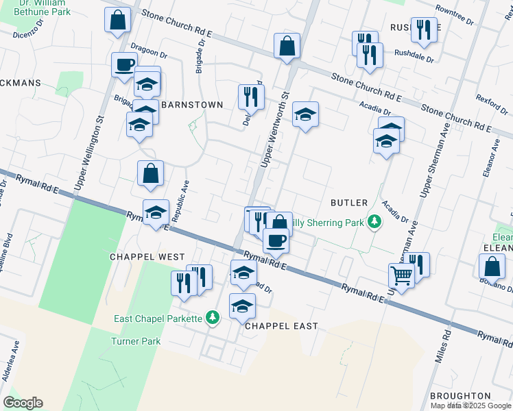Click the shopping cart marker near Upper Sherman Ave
click(x=401, y=276)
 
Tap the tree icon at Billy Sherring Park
click(x=374, y=222)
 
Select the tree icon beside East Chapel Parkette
click(x=213, y=317)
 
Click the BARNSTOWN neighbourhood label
click(x=192, y=105)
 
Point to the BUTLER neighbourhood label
click(x=349, y=203)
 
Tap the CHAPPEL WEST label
click(x=147, y=256)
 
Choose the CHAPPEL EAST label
click(x=281, y=326)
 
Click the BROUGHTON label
click(x=460, y=396)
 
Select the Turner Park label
click(x=136, y=341)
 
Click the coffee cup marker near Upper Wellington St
click(x=124, y=64)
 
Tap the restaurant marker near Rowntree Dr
click(x=424, y=29)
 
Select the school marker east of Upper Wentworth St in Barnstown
click(x=305, y=114)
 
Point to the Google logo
click(x=23, y=403)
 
